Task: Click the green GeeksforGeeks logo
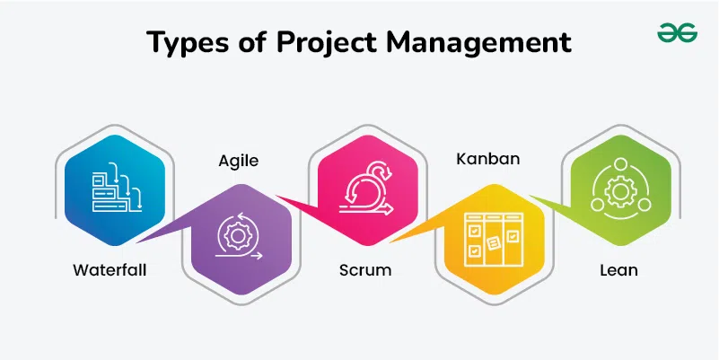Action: (x=677, y=33)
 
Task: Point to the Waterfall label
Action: (x=110, y=270)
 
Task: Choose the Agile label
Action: (x=239, y=161)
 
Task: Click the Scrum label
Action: (x=365, y=270)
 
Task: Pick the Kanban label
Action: (x=488, y=159)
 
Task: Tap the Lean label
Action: (x=619, y=270)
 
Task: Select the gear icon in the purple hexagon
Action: (x=238, y=235)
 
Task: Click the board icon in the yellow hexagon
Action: (x=493, y=240)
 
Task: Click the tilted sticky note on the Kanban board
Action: (x=493, y=243)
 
